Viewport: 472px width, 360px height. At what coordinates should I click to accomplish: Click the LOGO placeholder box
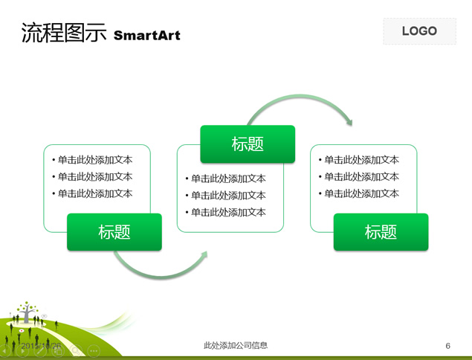point(419,31)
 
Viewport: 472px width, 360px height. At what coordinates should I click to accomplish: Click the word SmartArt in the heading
point(146,35)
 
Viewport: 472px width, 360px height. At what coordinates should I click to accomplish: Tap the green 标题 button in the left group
point(114,232)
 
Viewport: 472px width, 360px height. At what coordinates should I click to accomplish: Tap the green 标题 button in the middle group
point(248,144)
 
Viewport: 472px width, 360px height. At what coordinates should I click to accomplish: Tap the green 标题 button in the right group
point(381,232)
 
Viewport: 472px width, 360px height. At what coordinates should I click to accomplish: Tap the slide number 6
point(447,346)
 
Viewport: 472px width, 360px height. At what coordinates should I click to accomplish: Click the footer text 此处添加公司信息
point(236,345)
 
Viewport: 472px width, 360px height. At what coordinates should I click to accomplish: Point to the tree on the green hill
point(28,312)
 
